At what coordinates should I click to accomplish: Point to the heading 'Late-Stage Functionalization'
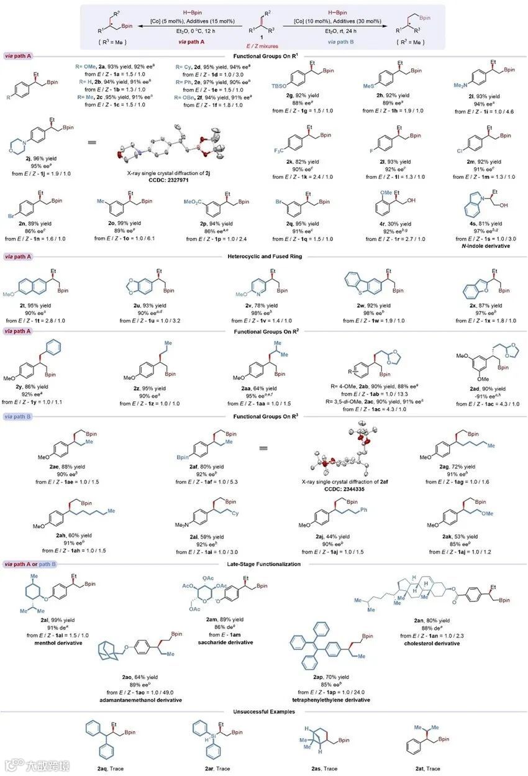tap(263, 564)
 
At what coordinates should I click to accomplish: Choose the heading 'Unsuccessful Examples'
tap(263, 711)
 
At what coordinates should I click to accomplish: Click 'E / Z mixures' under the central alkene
tap(264, 46)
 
